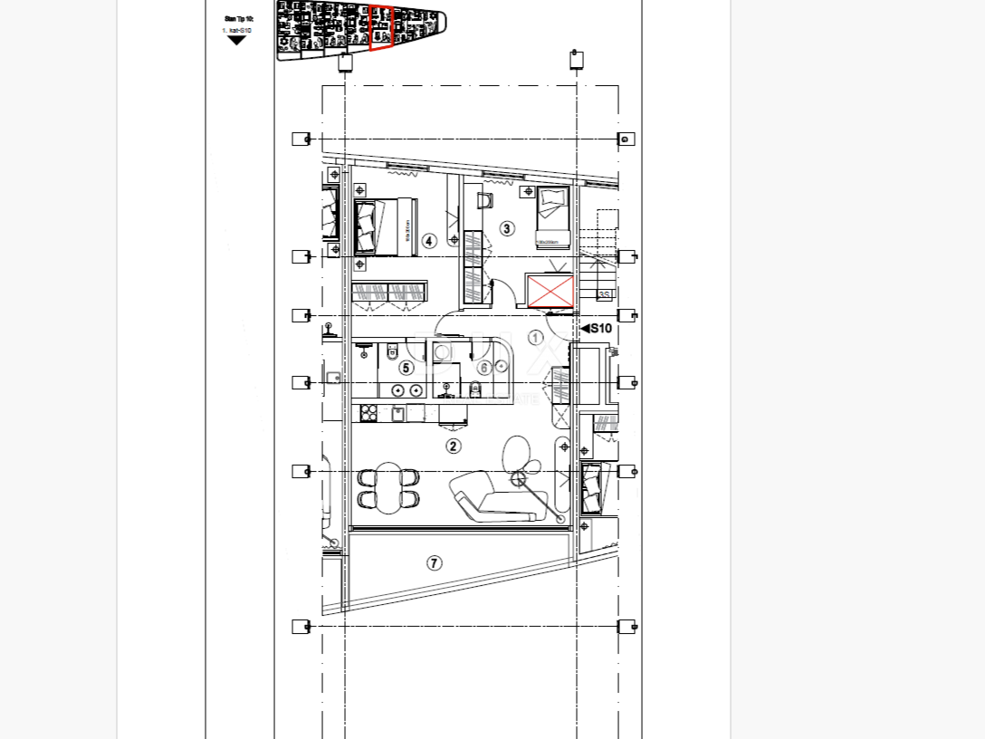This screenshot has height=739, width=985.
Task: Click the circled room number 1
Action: pyautogui.click(x=535, y=338)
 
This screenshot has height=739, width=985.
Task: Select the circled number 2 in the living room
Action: pyautogui.click(x=454, y=446)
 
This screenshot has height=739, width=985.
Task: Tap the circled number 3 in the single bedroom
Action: pyautogui.click(x=507, y=229)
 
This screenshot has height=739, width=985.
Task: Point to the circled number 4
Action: pyautogui.click(x=429, y=241)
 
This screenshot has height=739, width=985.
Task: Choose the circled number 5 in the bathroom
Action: pyautogui.click(x=406, y=368)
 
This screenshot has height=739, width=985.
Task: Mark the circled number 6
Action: pyautogui.click(x=484, y=368)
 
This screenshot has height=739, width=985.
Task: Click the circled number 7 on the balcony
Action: pyautogui.click(x=435, y=563)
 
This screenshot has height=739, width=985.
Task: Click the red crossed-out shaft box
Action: pyautogui.click(x=550, y=292)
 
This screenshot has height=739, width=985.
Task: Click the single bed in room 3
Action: pyautogui.click(x=551, y=216)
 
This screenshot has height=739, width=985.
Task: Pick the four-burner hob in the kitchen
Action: pyautogui.click(x=369, y=414)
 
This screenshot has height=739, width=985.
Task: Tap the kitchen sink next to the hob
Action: pyautogui.click(x=397, y=414)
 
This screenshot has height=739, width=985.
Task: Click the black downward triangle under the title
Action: pyautogui.click(x=236, y=41)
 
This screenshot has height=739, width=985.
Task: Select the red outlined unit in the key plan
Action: pyautogui.click(x=381, y=28)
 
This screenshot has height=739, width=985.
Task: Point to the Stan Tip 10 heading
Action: pyautogui.click(x=239, y=18)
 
